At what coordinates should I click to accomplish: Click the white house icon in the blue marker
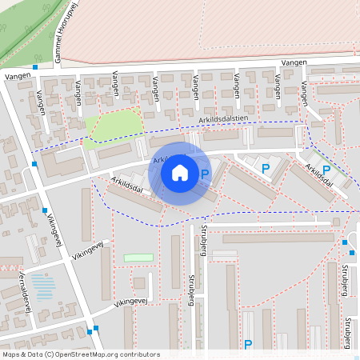pos(180,173)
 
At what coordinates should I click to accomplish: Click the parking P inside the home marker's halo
pos(205,173)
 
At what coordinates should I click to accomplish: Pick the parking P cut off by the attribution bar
pos(248,345)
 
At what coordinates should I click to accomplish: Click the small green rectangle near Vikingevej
pos(138,258)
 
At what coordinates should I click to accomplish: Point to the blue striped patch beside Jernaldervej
pos(45,286)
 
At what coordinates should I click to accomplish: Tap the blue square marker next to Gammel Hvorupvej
pos(35,67)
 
